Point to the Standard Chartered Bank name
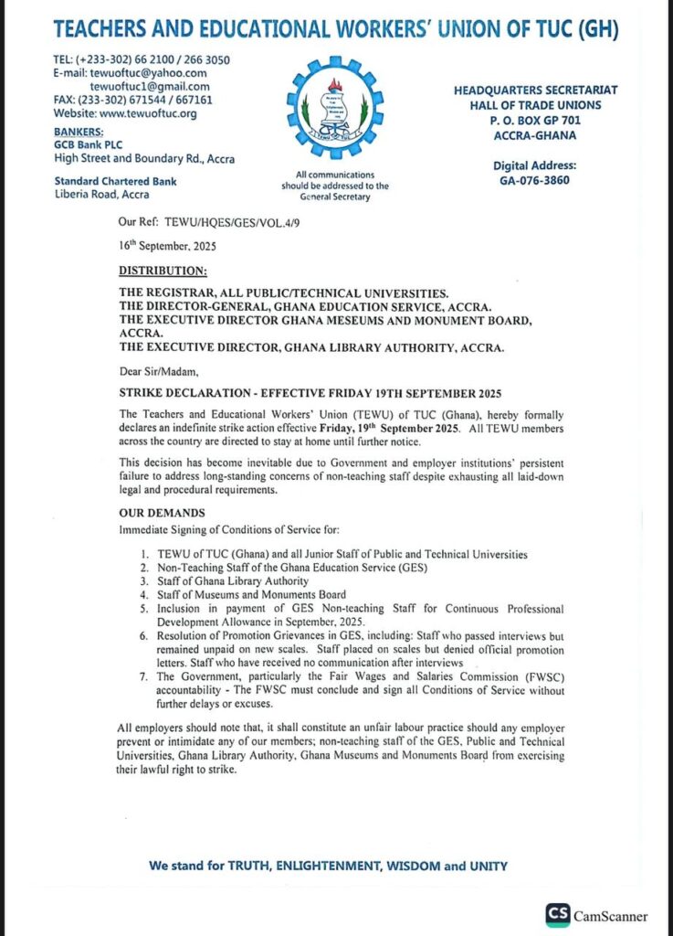(115, 181)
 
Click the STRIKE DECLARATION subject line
(310, 394)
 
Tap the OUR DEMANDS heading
(162, 514)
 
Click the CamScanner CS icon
(557, 915)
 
